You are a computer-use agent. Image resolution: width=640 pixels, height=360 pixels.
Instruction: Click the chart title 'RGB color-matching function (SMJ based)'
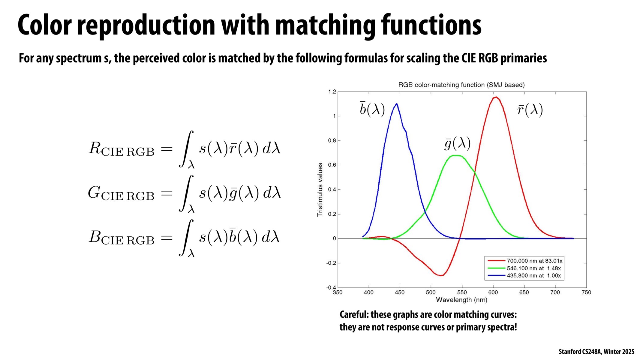pos(461,85)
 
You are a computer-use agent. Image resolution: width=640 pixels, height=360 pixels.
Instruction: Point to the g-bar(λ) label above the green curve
pos(457,144)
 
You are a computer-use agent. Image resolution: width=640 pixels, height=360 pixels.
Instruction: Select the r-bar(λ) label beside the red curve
pos(530,110)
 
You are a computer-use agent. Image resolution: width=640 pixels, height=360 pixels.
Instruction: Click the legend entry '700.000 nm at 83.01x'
pos(534,261)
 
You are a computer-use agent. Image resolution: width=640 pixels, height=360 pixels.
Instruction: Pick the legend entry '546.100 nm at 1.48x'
pos(533,268)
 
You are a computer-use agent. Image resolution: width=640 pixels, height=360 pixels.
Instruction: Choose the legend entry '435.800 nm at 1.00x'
pos(533,275)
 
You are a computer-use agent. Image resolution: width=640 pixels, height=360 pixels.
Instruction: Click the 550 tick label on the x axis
pos(462,292)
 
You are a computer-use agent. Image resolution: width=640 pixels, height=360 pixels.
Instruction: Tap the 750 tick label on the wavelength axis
pos(586,292)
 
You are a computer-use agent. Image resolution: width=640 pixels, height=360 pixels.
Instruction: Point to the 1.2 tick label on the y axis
pos(332,92)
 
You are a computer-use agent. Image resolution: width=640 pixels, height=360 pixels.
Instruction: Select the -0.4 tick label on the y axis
pos(331,287)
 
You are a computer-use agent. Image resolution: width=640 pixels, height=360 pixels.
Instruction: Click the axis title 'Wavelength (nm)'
pos(461,300)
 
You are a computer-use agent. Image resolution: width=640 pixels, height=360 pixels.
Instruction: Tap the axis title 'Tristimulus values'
pos(320,189)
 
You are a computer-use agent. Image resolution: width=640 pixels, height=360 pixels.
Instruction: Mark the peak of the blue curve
pos(397,104)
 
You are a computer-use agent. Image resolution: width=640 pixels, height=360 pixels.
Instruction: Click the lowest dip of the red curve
pos(441,275)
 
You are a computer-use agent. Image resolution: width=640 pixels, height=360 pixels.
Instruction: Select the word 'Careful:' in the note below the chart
pos(354,315)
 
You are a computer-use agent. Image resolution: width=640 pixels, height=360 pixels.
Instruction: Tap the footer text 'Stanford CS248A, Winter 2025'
pos(596,352)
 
